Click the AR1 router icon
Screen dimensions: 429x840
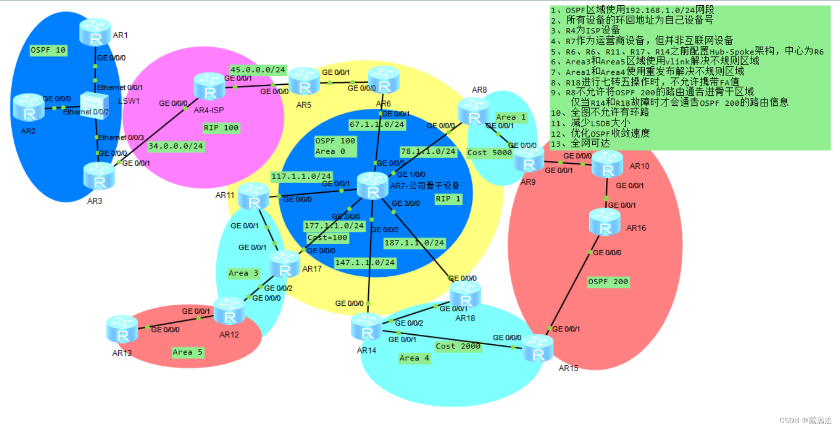95,32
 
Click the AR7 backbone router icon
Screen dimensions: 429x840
373,186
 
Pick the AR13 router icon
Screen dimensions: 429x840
122,330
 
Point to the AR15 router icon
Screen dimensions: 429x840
538,348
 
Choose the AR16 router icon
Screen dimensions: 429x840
605,222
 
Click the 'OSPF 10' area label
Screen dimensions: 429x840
48,50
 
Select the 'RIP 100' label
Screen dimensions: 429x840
221,128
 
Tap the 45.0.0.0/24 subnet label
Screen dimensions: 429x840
258,69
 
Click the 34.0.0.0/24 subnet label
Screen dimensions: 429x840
176,146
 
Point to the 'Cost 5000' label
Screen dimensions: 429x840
489,153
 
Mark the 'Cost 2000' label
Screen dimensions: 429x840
458,346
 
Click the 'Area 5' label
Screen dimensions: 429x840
187,352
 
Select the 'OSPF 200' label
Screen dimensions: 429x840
608,282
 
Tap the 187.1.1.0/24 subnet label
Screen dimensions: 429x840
414,243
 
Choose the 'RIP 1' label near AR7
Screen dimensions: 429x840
448,199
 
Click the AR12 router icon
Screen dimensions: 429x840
229,311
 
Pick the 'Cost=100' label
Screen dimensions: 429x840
327,238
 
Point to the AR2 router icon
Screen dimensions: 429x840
28,107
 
